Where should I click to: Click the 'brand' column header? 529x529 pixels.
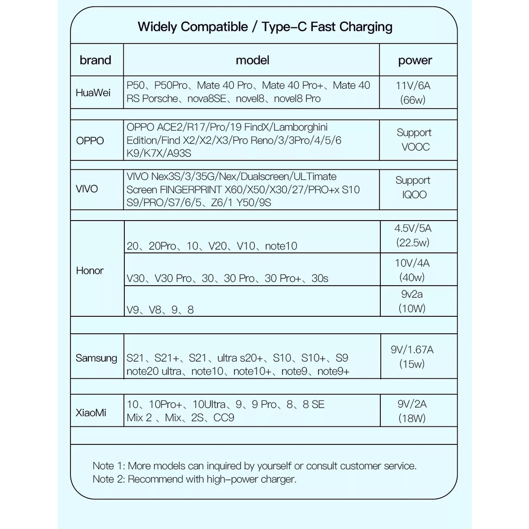click(96, 60)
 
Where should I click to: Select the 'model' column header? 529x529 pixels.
click(252, 60)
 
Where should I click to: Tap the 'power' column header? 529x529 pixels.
click(415, 60)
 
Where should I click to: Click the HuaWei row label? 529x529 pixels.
click(93, 93)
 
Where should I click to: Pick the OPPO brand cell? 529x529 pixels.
click(90, 141)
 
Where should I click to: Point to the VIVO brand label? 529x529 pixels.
click(87, 189)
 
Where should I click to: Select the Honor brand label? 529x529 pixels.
click(90, 270)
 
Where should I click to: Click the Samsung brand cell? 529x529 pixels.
click(96, 358)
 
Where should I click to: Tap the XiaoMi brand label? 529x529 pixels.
click(90, 412)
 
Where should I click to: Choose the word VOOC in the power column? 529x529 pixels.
click(415, 147)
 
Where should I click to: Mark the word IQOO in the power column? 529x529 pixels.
click(414, 194)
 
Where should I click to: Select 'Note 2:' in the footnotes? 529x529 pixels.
click(108, 479)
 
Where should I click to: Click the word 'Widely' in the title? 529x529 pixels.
click(157, 26)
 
